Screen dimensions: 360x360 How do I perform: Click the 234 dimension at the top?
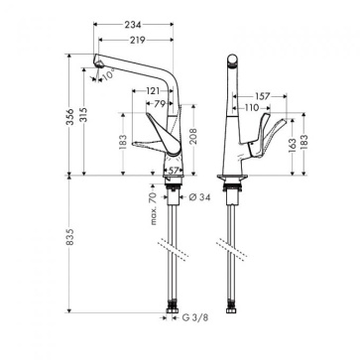tap(133, 25)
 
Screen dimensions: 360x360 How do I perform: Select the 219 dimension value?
tap(138, 40)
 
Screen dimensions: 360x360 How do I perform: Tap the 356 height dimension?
tap(69, 117)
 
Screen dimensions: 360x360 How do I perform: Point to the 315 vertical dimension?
tap(83, 114)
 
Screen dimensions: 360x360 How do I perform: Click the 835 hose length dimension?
tap(69, 236)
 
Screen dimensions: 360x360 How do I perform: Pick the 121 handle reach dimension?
tap(153, 91)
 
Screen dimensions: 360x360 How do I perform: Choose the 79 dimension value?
tap(160, 104)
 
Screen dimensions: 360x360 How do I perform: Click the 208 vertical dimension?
tap(193, 136)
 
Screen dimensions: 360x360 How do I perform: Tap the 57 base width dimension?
tap(174, 171)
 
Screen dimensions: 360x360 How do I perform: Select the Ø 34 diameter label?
tap(200, 197)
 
